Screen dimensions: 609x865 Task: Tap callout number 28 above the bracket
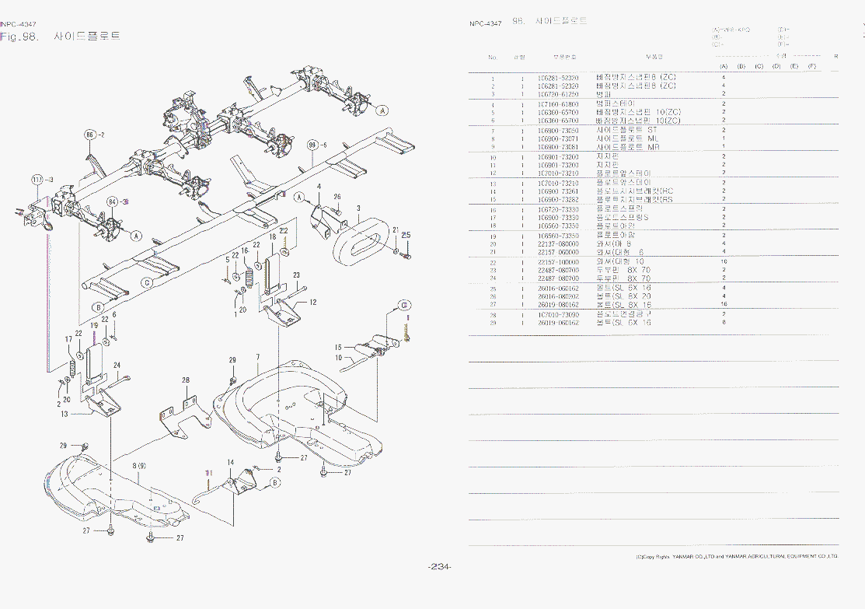[186, 380]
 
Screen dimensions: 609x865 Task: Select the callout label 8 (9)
[140, 465]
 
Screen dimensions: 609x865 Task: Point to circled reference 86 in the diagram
[91, 135]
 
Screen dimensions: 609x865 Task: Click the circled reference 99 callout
[314, 145]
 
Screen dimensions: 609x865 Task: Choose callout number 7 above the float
[257, 357]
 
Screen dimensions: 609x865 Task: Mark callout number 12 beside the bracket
[312, 302]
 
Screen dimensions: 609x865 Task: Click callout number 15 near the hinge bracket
[338, 347]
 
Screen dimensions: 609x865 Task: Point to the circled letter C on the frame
[145, 283]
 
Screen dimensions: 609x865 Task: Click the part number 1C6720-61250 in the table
[558, 94]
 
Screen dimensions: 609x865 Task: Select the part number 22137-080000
[558, 244]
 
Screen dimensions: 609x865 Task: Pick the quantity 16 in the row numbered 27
[724, 304]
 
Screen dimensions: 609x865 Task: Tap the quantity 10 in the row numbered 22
[724, 261]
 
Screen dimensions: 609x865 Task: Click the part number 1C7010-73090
[558, 314]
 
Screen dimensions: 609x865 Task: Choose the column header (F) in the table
[811, 66]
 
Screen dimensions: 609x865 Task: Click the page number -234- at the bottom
[440, 566]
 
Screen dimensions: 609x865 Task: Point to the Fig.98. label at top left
[19, 37]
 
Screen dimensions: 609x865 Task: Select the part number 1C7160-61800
[558, 103]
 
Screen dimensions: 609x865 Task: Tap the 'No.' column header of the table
[493, 57]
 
